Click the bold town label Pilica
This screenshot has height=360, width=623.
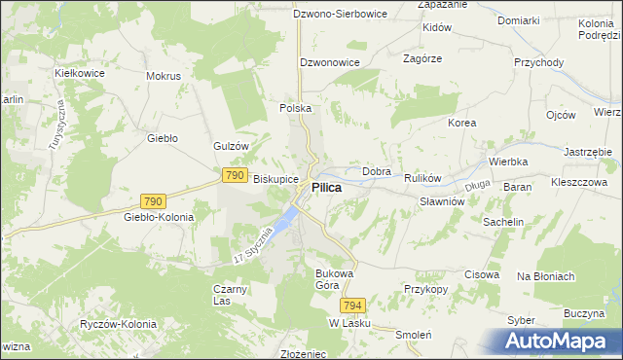point(326,188)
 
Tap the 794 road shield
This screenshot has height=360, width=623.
point(352,305)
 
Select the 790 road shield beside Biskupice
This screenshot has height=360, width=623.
point(234,175)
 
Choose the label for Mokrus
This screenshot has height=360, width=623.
point(164,76)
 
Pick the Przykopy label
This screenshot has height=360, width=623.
point(425,290)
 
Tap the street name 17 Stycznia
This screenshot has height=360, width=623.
point(250,247)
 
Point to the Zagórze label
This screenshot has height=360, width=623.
point(422,58)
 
